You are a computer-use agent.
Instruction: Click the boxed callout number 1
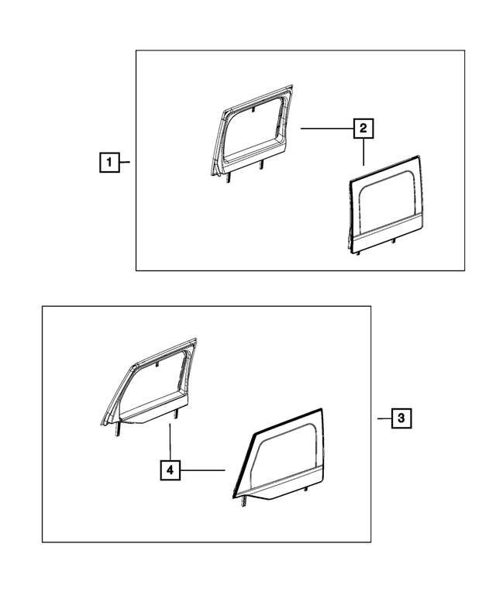pos(109,163)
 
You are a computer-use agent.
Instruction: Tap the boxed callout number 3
pos(400,418)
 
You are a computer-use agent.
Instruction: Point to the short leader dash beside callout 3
pos(382,418)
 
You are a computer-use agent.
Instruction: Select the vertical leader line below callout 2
pos(363,152)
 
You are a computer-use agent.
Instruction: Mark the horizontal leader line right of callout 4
pos(204,470)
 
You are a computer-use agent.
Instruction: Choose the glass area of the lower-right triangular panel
pos(285,457)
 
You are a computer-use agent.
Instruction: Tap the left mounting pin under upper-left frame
pos(229,178)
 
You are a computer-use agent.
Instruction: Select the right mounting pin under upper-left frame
pos(261,165)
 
